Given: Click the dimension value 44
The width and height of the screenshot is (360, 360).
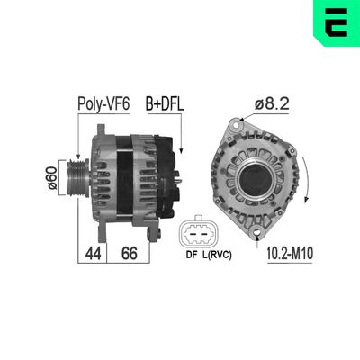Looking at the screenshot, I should [92, 255].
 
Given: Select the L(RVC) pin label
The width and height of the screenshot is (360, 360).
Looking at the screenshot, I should [215, 255].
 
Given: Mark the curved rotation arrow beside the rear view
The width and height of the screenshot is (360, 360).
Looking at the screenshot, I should [310, 180].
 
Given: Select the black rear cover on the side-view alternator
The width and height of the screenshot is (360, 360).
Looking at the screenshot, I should [165, 171].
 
